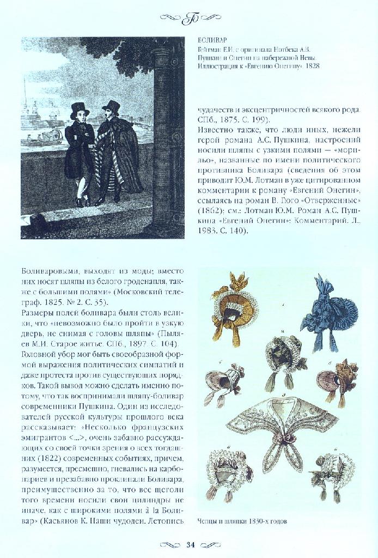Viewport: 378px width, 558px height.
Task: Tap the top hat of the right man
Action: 112,106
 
